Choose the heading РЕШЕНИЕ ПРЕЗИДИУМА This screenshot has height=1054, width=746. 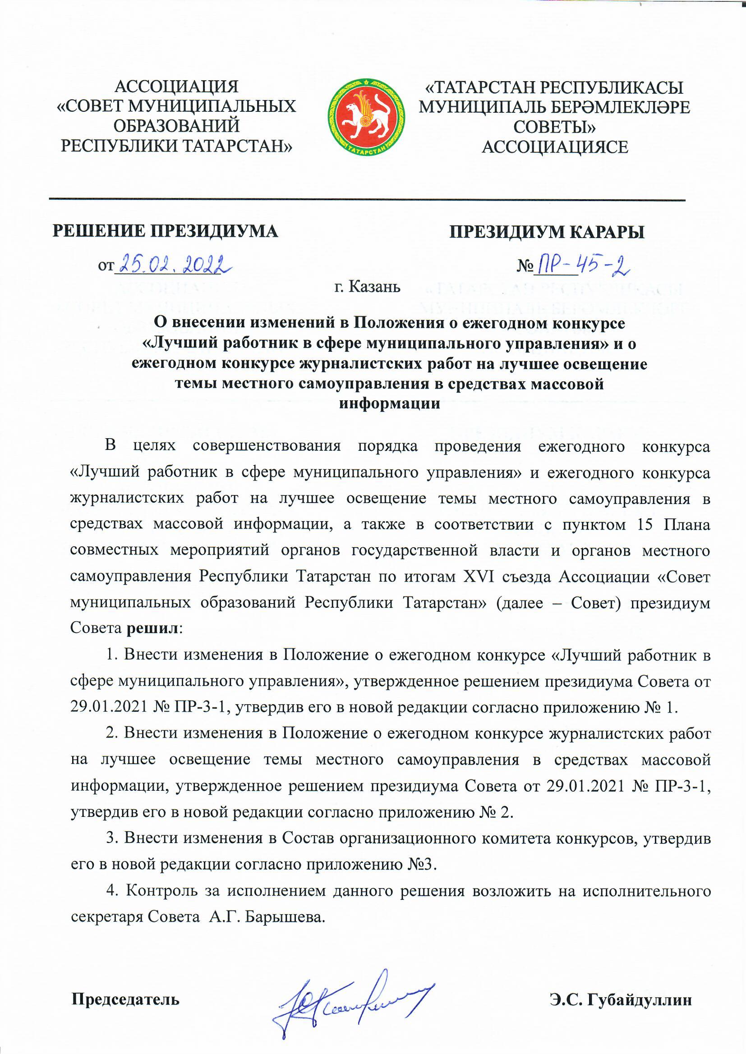[x=166, y=231]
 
